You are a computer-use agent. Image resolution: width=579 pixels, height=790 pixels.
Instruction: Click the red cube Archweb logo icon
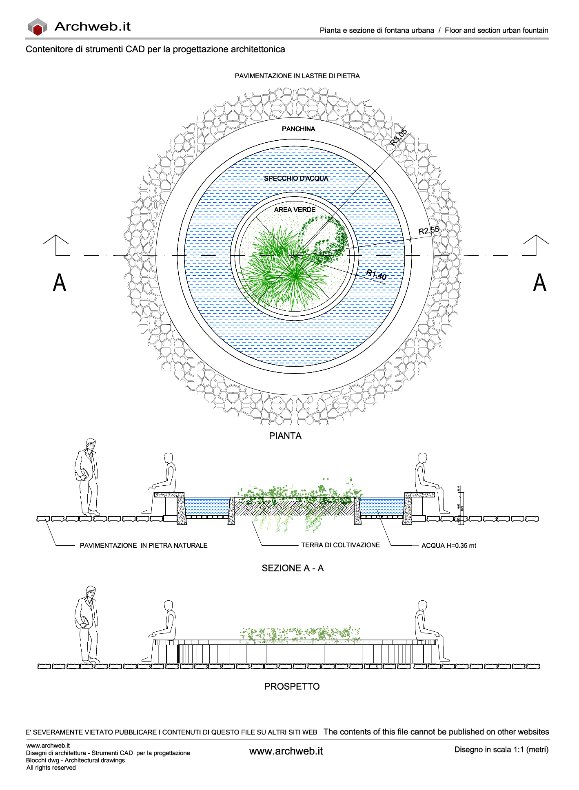tap(38, 27)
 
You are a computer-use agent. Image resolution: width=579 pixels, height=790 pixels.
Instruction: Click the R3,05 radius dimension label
tap(398, 137)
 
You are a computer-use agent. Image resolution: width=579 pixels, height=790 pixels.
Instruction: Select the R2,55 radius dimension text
tap(429, 230)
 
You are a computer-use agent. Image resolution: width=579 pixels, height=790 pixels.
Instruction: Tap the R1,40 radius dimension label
tap(376, 275)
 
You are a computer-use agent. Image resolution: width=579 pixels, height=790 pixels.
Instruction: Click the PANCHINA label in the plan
tap(298, 129)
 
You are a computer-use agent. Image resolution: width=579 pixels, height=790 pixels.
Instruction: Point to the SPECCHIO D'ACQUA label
tap(296, 178)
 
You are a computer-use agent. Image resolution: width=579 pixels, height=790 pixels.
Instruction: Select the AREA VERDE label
tap(295, 210)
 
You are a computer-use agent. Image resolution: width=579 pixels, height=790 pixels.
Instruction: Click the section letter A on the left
tap(60, 282)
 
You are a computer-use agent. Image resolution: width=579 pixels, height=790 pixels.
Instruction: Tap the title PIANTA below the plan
tap(285, 436)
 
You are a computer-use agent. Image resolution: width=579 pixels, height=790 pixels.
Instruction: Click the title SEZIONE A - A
tap(293, 568)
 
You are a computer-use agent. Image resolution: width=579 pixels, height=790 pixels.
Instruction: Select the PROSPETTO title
tap(292, 686)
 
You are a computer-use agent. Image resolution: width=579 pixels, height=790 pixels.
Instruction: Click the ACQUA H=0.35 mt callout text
tap(448, 546)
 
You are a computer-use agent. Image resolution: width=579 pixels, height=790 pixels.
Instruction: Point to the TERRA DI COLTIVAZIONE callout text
tap(340, 545)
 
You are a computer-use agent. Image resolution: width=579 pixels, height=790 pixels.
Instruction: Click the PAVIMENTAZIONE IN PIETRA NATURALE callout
tap(144, 546)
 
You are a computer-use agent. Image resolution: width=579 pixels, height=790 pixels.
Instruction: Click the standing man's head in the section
tap(91, 444)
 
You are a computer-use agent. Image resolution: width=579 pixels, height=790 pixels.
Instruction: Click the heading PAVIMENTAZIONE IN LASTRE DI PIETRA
tap(297, 76)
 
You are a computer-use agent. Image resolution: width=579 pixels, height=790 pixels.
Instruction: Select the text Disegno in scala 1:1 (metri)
tap(501, 750)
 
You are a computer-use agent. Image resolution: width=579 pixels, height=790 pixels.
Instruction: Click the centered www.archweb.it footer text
tap(286, 751)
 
